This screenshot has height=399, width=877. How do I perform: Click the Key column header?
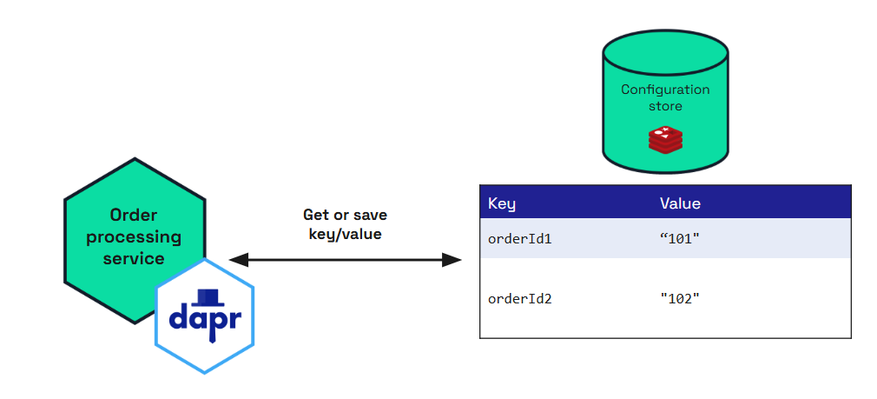pos(502,203)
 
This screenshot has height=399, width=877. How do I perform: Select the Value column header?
pos(680,203)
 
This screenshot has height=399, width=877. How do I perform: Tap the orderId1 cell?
pos(520,238)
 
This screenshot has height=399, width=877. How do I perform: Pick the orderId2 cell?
pos(520,298)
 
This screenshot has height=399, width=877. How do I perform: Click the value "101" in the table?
pos(680,238)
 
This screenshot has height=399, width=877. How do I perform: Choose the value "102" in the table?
pos(680,298)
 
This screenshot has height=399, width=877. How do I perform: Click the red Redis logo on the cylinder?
pos(665,139)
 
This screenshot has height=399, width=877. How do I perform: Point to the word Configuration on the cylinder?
pos(665,90)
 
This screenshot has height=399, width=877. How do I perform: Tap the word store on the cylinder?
pos(665,106)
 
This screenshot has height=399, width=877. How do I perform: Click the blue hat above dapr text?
pos(205,296)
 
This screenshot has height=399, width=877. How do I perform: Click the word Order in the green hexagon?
pos(134,215)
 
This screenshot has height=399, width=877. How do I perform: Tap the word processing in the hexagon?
pos(134,236)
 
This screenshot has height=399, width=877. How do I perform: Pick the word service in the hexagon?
pos(134,258)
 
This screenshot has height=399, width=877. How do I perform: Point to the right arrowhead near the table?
pos(452,259)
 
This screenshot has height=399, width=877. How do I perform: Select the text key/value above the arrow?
pos(345,233)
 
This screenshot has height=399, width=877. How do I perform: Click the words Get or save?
pos(345,214)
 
